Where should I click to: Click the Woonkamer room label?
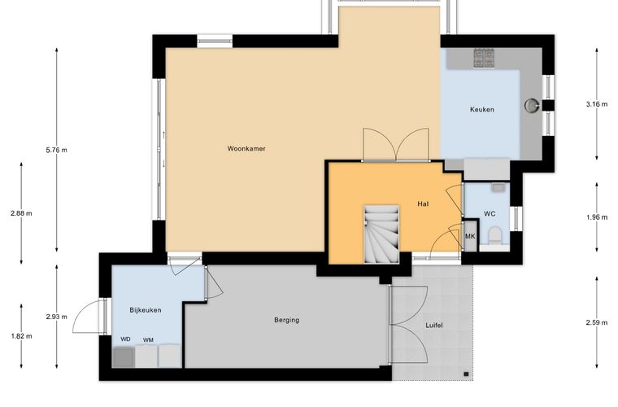[246, 149]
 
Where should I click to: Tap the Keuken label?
[481, 109]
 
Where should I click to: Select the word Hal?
[423, 203]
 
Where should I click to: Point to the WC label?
[490, 214]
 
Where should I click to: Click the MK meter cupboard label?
[470, 237]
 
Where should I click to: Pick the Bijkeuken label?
[146, 310]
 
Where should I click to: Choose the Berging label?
[286, 320]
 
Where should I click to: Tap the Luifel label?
[434, 326]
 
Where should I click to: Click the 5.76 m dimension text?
[56, 150]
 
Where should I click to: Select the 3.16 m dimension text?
[597, 104]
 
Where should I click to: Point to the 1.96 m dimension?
[597, 217]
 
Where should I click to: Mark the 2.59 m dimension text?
[597, 322]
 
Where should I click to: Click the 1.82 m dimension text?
[21, 336]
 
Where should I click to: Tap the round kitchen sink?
[532, 105]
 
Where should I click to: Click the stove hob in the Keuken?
[484, 59]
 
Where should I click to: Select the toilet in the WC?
[494, 236]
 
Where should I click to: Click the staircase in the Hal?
[381, 234]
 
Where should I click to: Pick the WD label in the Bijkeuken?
[125, 339]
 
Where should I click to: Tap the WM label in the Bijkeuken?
[148, 340]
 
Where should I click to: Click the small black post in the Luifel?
[466, 374]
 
